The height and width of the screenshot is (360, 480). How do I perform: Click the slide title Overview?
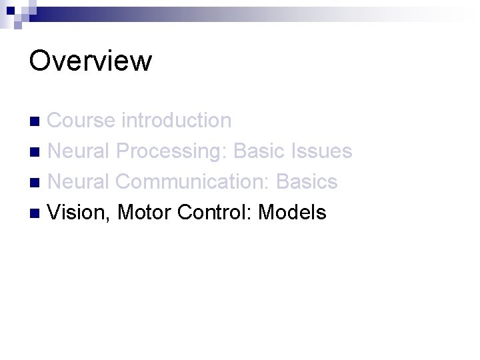pos(91,61)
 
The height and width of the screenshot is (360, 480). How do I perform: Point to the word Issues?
pos(322,151)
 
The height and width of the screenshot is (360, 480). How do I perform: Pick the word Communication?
pos(193,182)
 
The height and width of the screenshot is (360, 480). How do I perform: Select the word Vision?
pos(80,213)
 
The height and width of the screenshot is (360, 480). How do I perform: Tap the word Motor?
pos(145,213)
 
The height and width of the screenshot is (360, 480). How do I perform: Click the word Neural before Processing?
pos(79,151)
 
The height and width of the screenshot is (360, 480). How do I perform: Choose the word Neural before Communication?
pos(79,182)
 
